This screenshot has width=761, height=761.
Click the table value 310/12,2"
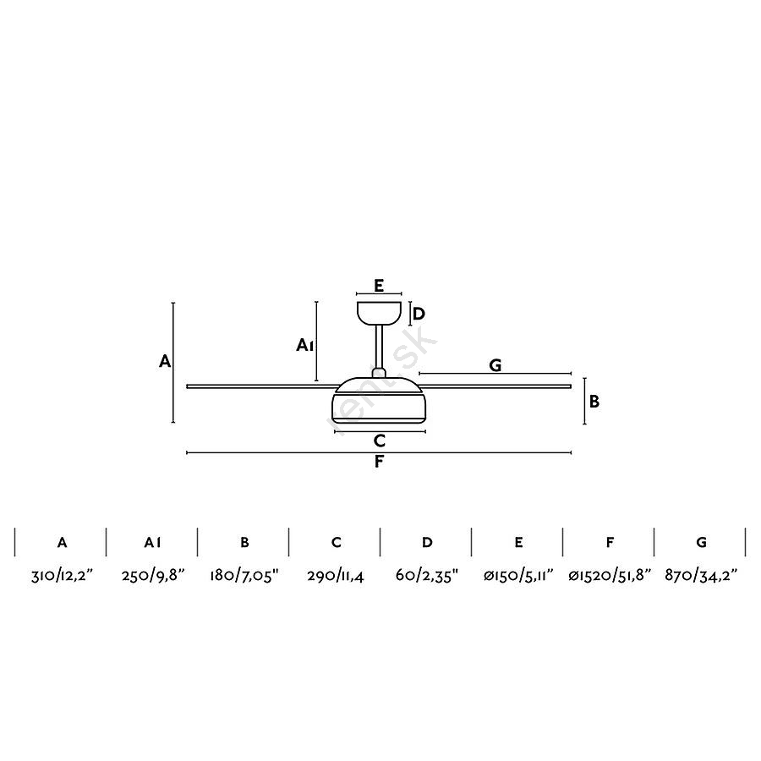tap(62, 576)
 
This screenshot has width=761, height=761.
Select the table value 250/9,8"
tap(153, 576)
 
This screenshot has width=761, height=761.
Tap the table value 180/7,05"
tap(244, 576)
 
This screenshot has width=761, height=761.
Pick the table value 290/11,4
tap(336, 576)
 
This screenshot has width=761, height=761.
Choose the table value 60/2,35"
tap(427, 576)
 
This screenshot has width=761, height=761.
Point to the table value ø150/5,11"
tap(518, 576)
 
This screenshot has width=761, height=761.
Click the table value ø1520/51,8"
tap(610, 576)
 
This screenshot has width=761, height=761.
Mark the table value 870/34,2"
tap(701, 576)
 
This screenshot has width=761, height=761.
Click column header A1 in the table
tap(152, 542)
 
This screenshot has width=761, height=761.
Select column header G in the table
tap(701, 542)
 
